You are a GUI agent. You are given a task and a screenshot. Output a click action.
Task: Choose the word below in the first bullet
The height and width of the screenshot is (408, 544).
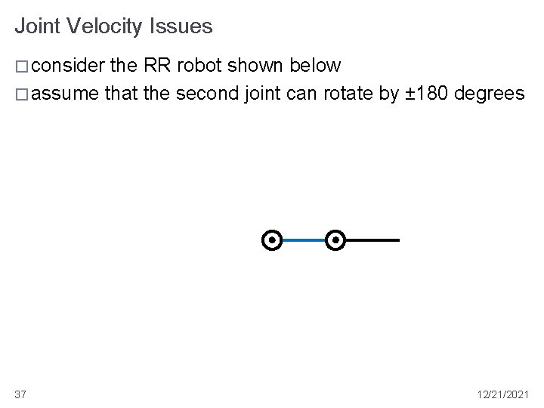(316, 66)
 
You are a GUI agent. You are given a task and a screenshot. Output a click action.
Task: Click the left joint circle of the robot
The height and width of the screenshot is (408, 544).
(271, 240)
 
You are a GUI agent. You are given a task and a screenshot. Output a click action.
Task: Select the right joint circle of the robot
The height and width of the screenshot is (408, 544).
(336, 240)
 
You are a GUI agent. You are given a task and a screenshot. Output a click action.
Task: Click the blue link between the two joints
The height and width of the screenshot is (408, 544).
(304, 240)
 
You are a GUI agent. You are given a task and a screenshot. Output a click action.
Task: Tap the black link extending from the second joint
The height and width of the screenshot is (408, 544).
(373, 240)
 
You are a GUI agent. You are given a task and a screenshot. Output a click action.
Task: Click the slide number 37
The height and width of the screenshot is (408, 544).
(20, 394)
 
